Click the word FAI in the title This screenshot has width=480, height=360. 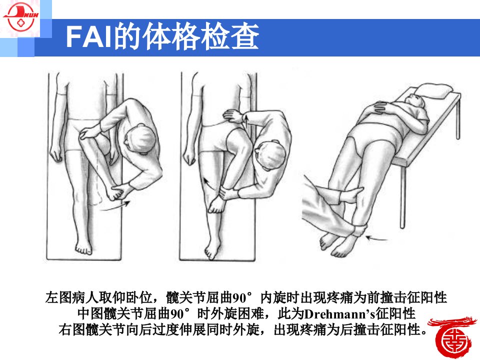88,36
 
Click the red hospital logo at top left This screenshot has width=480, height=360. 20,18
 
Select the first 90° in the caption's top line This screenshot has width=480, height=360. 242,297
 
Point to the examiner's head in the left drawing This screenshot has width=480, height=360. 139,139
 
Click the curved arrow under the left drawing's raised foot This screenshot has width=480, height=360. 115,205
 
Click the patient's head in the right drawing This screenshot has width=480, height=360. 415,101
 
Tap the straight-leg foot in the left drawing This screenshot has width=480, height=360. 83,246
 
